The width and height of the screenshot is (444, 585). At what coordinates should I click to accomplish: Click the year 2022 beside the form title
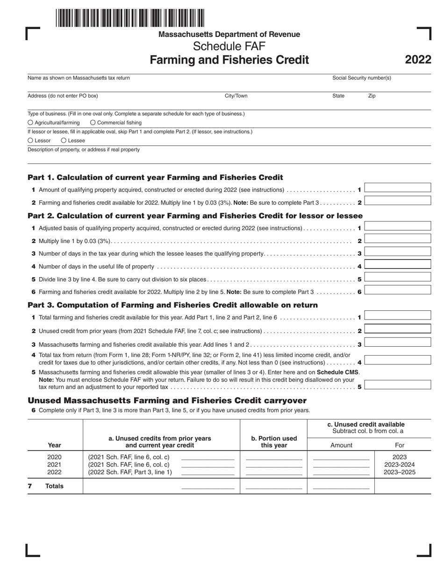point(418,60)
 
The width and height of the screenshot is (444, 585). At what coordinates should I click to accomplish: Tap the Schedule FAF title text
point(229,46)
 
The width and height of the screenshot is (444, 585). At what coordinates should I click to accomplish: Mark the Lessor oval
point(30,140)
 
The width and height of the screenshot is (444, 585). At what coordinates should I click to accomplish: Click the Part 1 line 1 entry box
point(397,188)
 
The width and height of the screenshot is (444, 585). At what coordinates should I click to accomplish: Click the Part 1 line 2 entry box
point(397,201)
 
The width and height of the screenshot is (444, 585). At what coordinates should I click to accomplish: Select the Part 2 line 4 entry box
point(397,264)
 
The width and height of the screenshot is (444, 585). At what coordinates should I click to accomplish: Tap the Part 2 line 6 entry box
point(397,290)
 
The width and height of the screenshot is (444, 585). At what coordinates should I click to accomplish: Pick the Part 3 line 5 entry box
point(397,385)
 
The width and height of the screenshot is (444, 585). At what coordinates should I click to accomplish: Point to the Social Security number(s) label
point(361,78)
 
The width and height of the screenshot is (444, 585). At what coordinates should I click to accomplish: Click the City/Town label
point(236,96)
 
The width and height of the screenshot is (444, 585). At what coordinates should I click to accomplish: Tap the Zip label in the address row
point(372,96)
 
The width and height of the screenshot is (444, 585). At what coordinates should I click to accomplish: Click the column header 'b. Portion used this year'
point(273,442)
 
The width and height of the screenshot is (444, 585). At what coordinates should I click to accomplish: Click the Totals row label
point(54,486)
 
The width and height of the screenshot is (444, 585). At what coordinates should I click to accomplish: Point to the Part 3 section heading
point(173,305)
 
